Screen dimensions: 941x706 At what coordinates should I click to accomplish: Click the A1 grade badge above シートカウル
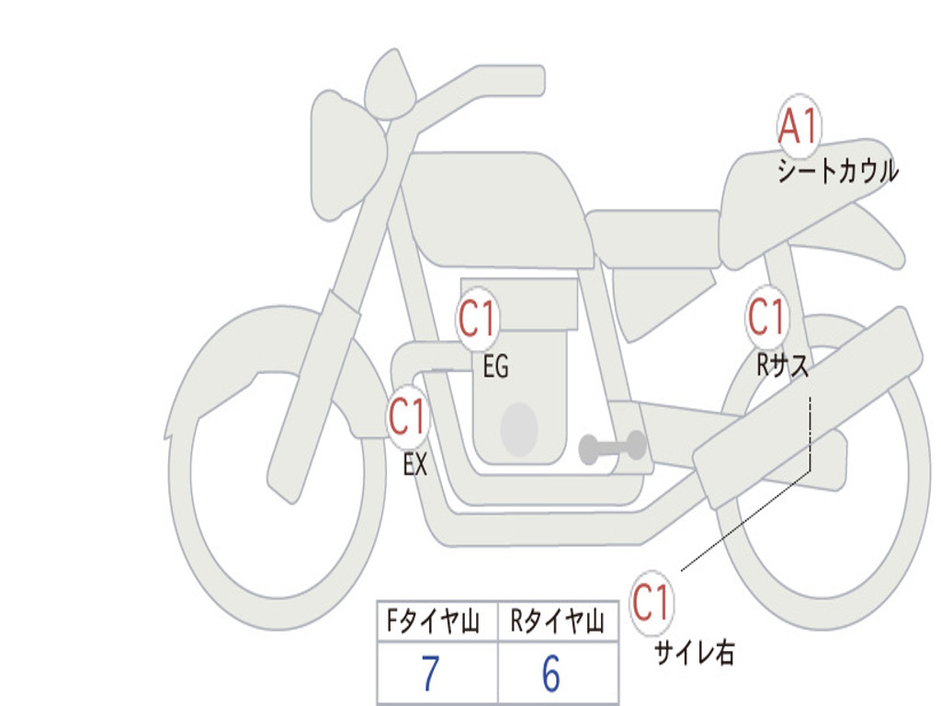point(799,127)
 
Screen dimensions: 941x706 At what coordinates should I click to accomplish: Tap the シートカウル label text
point(837,172)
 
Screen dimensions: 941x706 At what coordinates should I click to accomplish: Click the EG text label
point(495,368)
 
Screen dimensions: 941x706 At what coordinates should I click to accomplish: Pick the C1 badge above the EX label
point(408,417)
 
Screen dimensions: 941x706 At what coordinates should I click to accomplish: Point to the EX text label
point(415,465)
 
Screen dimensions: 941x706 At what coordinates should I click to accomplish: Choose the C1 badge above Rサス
point(765,317)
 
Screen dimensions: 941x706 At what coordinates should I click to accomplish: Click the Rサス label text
point(783,365)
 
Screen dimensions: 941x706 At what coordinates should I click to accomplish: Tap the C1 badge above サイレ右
point(652,604)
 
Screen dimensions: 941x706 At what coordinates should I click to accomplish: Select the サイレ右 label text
point(694,653)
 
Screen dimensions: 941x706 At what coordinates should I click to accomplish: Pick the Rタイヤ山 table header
point(557,623)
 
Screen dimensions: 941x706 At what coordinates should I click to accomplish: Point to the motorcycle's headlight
point(346,154)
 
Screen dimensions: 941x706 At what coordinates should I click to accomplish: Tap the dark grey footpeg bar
point(613,448)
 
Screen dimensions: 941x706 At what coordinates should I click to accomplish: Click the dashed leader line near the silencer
point(809,432)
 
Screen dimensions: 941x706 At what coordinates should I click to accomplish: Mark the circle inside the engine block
point(519,429)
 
